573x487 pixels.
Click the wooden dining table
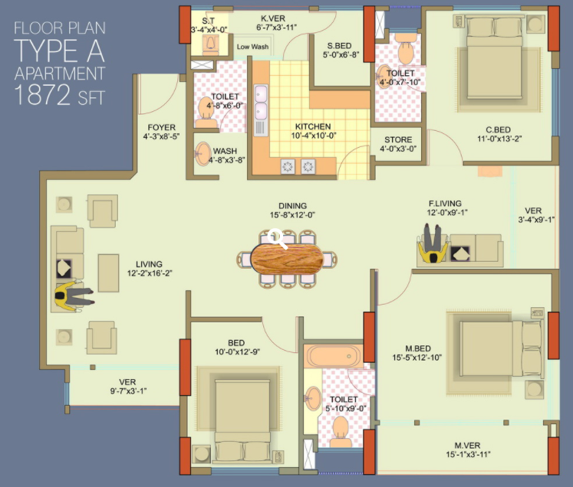point(287,259)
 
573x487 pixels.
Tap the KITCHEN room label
point(313,126)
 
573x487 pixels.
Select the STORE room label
point(398,139)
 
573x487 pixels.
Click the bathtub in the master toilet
point(334,356)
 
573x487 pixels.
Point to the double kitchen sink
point(261,102)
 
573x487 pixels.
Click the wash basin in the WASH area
point(203,154)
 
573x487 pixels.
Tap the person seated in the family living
point(433,243)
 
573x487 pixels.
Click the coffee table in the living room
point(108,273)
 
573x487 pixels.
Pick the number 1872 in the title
point(42,95)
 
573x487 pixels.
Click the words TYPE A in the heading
point(60,51)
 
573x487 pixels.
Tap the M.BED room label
point(418,348)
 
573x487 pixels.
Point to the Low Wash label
point(252,47)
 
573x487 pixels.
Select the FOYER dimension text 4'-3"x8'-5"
point(161,136)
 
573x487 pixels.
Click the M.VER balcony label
point(467,446)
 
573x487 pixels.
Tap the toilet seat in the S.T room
point(210,42)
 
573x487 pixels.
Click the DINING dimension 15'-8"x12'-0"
point(292,215)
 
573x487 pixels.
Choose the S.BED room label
point(339,46)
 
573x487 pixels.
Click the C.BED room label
point(498,130)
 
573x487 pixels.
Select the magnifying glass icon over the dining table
point(277,239)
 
